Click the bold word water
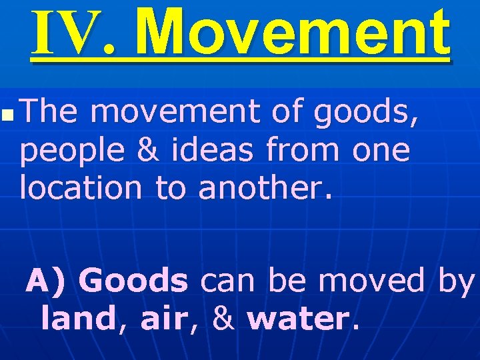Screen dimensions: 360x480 [x=298, y=319]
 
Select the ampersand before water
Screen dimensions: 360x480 [x=225, y=319]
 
